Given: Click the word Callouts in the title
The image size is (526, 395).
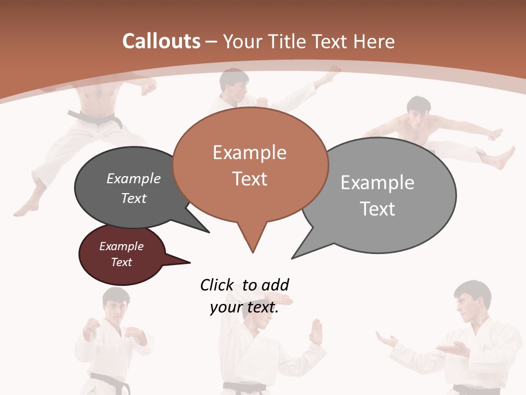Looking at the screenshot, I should (161, 41).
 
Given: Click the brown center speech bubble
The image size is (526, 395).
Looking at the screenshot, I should (250, 165).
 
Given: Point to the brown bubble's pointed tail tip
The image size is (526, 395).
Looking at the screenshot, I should (253, 252).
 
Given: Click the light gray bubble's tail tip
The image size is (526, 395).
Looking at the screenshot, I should (293, 257).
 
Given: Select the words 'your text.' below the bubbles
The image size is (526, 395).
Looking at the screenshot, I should (244, 307).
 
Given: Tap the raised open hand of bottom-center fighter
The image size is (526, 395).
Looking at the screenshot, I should (317, 331).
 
